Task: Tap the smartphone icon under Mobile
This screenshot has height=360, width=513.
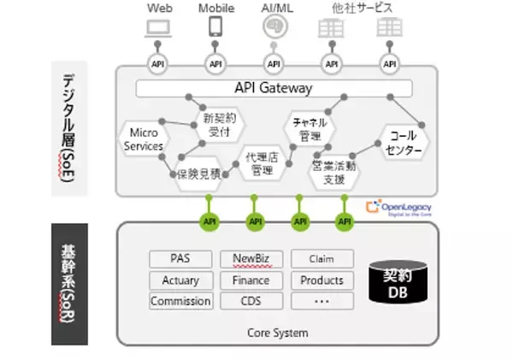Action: click(215, 27)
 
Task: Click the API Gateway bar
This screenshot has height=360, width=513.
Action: click(274, 88)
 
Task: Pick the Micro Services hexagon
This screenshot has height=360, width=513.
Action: click(144, 140)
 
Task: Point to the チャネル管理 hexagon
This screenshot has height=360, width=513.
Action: click(305, 129)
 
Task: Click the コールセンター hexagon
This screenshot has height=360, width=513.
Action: click(403, 143)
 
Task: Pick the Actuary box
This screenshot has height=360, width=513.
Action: click(180, 280)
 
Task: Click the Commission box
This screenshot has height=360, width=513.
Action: click(180, 301)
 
